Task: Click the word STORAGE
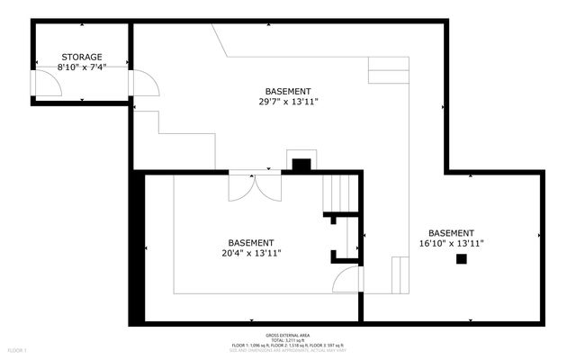(81, 57)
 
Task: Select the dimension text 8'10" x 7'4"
(81, 67)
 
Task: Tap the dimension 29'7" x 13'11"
(288, 102)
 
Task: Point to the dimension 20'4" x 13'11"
(250, 253)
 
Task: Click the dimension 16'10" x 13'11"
(452, 243)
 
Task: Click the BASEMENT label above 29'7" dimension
(288, 91)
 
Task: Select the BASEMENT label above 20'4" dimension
(250, 242)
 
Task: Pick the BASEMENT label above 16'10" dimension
(452, 232)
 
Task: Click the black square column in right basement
(462, 259)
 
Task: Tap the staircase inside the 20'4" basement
(340, 193)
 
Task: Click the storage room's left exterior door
(47, 83)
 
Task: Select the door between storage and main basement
(144, 82)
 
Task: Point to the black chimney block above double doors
(301, 165)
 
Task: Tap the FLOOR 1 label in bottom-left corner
(18, 349)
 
